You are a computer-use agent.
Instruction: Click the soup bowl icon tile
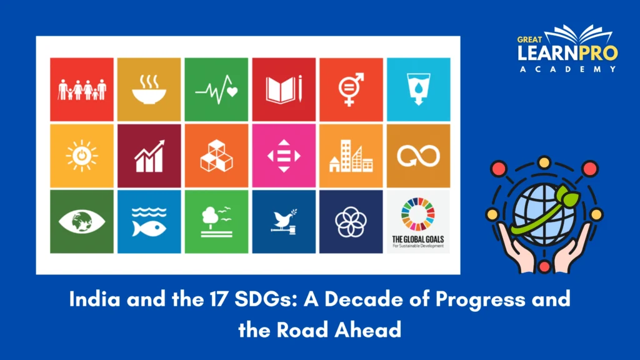point(149,89)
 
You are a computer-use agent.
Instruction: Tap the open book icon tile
point(284,89)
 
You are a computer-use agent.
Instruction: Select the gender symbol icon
point(351,89)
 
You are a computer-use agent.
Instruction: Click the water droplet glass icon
point(417,89)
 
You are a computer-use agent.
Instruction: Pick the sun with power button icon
point(82,156)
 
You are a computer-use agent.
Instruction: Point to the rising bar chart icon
point(149,156)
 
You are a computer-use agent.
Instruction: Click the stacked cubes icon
point(216,156)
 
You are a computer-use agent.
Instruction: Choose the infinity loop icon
point(417,156)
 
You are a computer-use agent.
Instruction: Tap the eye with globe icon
point(82,222)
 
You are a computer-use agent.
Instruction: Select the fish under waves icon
point(149,222)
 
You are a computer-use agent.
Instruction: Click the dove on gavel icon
point(284,222)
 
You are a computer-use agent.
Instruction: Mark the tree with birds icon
point(216,222)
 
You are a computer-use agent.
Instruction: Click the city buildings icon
point(351,156)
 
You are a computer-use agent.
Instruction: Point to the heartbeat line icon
point(216,89)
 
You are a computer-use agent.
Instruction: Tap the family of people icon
point(82,89)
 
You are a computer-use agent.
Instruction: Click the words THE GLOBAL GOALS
point(418,239)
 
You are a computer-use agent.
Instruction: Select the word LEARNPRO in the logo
point(567,53)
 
